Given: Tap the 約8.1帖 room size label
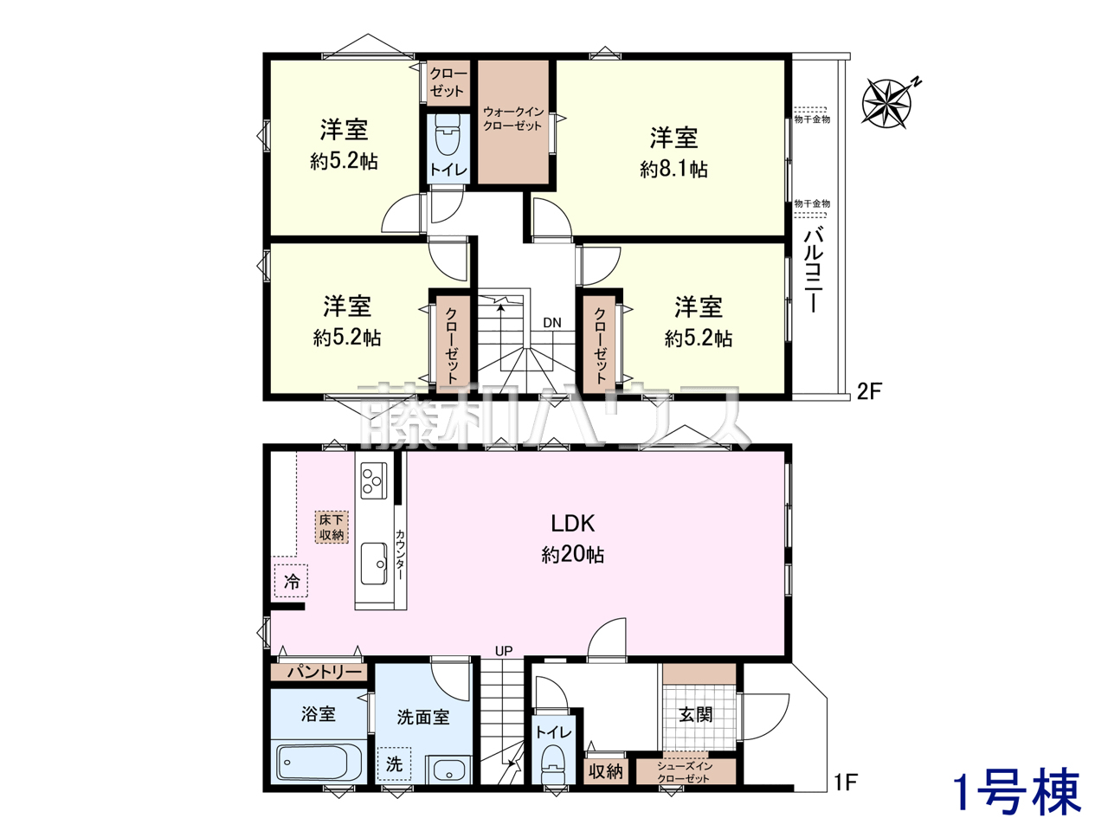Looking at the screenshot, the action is click(x=673, y=169).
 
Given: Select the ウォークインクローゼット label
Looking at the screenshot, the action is click(x=512, y=119).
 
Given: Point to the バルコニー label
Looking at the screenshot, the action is click(x=813, y=269).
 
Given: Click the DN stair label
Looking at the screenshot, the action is click(x=552, y=322).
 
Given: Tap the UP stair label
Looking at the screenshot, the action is click(x=503, y=651).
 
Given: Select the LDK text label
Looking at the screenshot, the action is click(x=572, y=523).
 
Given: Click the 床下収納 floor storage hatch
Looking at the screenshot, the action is click(x=332, y=527).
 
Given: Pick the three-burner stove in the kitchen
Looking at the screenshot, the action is click(x=374, y=480).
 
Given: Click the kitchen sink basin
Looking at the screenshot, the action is click(x=374, y=564).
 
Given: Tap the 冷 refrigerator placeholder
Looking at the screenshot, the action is click(x=291, y=581).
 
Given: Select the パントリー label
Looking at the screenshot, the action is click(x=325, y=672).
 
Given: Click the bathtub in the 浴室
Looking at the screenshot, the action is click(x=313, y=762).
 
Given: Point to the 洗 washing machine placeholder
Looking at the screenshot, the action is click(x=394, y=763).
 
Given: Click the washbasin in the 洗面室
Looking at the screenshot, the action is click(x=448, y=770).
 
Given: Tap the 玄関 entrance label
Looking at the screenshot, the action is click(x=696, y=714).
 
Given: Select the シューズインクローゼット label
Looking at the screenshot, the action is click(x=684, y=772).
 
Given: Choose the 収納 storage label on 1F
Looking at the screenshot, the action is click(x=605, y=771).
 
